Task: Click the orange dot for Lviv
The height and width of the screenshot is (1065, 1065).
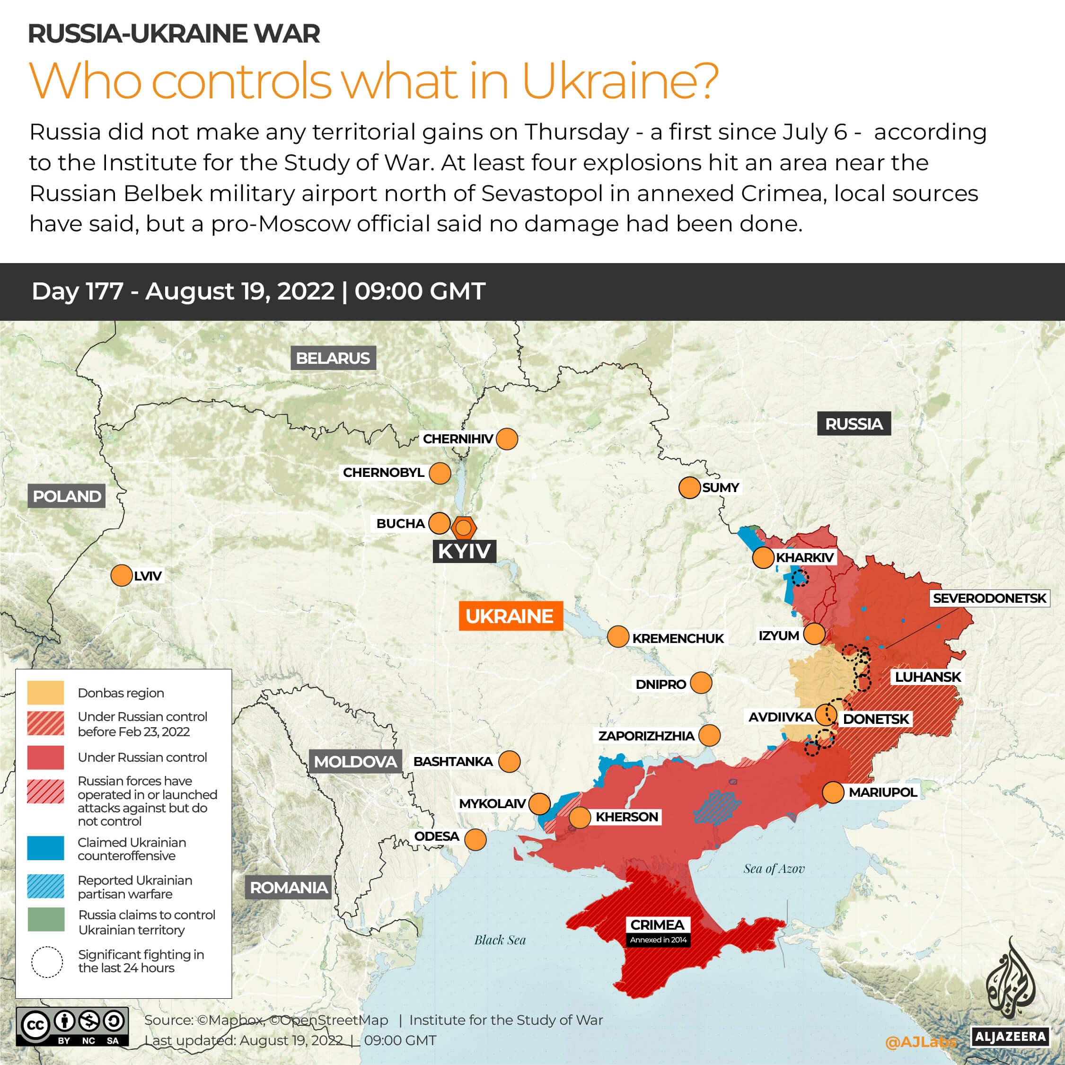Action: point(121,575)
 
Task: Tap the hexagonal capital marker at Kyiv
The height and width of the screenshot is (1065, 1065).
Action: point(464,528)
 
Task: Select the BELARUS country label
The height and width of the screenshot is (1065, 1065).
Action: point(333,358)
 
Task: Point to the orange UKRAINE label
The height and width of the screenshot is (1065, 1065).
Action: point(510,616)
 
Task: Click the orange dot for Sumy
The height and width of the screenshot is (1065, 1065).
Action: point(689,488)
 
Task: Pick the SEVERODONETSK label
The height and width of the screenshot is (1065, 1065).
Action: point(989,598)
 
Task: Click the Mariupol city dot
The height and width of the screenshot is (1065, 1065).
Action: point(833,792)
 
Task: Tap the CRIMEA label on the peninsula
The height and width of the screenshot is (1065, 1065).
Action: point(657,924)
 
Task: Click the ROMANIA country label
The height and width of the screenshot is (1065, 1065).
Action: point(288,888)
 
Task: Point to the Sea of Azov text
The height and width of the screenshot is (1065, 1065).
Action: point(774,869)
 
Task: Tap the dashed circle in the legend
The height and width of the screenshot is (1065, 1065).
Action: point(47,962)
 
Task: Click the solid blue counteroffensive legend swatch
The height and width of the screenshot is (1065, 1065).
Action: point(46,848)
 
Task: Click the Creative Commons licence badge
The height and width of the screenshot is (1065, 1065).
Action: point(72,1026)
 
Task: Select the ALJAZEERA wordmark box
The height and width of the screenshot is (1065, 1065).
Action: point(1010,1036)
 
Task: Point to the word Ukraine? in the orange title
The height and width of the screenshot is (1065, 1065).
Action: point(620,81)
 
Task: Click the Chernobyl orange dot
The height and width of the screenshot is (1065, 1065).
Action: point(440,473)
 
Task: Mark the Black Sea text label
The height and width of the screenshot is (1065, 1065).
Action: point(500,940)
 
